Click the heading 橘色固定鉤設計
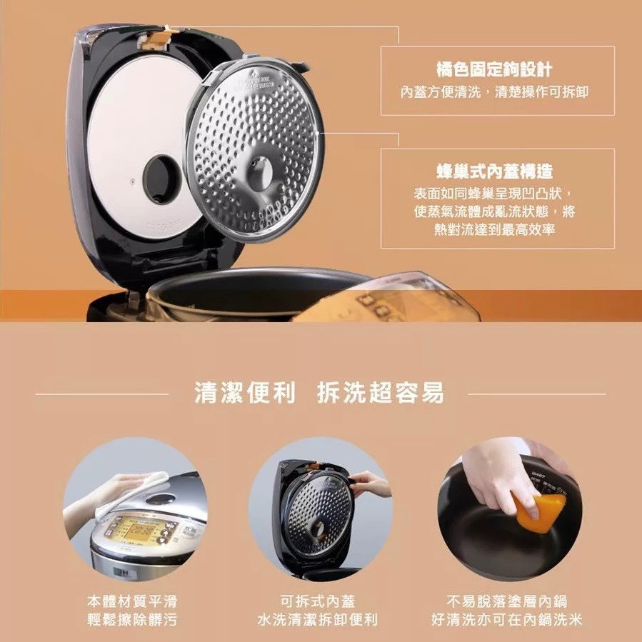[x=497, y=69]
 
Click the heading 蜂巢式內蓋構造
[x=497, y=171]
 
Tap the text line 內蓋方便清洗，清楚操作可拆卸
[x=497, y=92]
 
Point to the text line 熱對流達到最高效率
[x=497, y=229]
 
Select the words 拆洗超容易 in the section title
[x=380, y=393]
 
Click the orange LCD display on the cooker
[x=136, y=529]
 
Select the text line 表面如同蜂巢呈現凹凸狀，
[x=497, y=195]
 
